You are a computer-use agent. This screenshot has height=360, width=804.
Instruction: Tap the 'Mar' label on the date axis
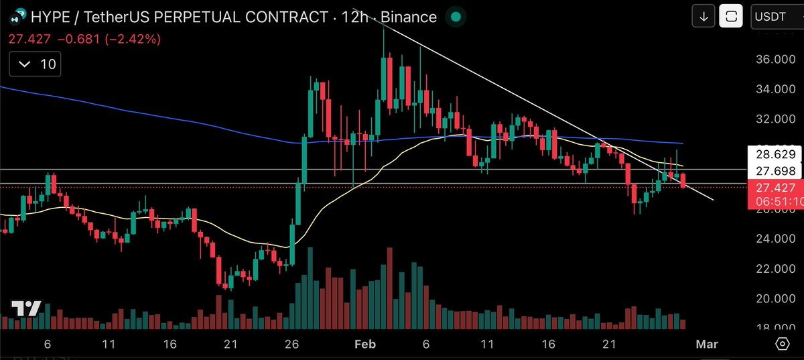[x=707, y=344]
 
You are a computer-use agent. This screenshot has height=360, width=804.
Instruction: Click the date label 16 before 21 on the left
[x=170, y=344]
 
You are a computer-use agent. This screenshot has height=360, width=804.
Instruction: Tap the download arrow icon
[x=703, y=17]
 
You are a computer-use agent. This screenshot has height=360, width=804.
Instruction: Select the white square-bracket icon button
[x=731, y=17]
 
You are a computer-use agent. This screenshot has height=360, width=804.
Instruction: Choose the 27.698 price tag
[x=775, y=171]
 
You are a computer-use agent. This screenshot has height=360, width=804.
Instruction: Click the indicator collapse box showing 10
[x=35, y=64]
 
